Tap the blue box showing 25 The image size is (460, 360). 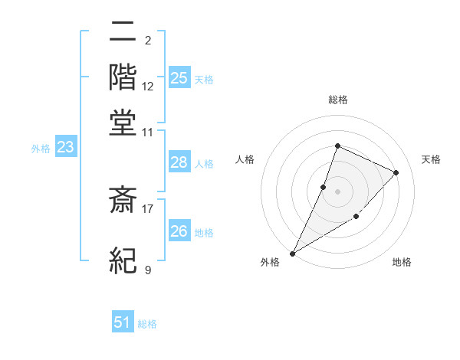(179, 77)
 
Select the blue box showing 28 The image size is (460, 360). (179, 162)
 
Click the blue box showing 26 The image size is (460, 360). (179, 231)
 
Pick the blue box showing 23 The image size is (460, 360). (65, 147)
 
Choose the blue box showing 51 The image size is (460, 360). (123, 322)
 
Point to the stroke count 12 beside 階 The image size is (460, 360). (148, 86)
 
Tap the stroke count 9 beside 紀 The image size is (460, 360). (148, 269)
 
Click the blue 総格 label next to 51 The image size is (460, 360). (147, 324)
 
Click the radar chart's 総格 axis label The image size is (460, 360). (337, 100)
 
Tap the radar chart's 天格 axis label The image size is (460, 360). (431, 159)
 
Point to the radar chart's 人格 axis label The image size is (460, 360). (245, 159)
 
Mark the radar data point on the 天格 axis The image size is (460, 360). (396, 172)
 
